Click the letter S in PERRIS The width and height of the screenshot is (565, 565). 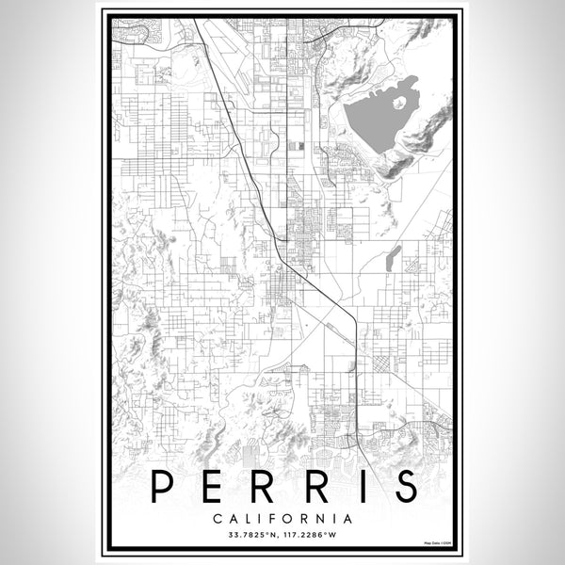coord(402,487)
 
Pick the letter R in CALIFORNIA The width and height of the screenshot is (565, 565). coord(303,518)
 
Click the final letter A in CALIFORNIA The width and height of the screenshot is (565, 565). coord(349,518)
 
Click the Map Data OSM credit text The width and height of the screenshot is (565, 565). coord(437,543)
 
